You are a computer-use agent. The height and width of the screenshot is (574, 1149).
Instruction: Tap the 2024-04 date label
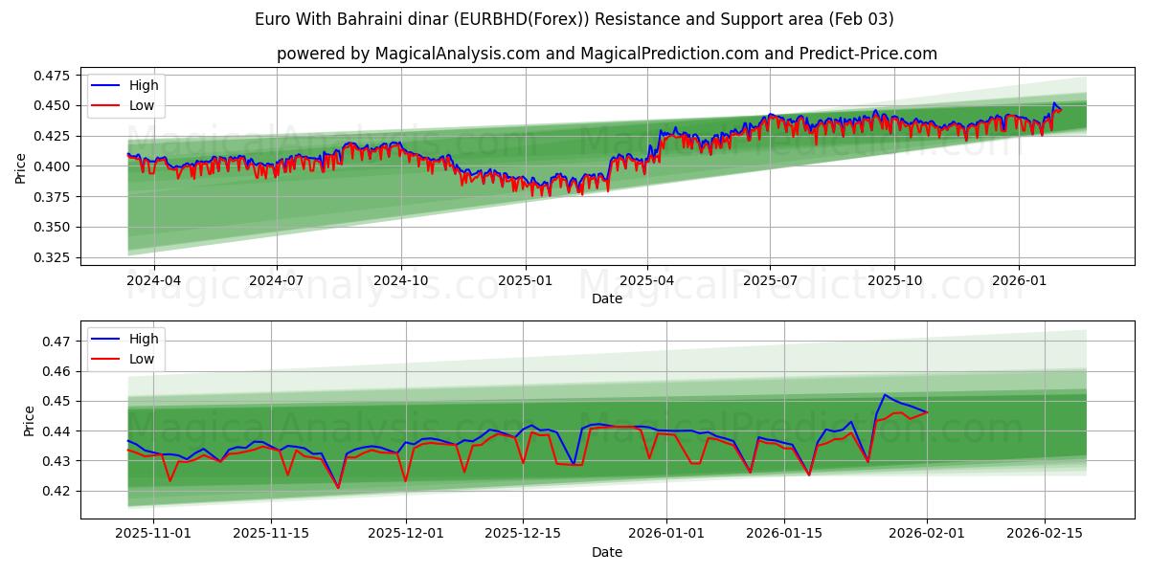tap(152, 281)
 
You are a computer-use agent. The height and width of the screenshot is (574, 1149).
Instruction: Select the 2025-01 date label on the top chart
tap(524, 281)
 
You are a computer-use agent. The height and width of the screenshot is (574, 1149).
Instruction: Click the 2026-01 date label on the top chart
tap(1018, 281)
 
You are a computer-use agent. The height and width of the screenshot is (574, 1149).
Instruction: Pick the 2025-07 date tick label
tap(771, 281)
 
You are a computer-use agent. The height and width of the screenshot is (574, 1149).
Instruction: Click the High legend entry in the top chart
tap(144, 86)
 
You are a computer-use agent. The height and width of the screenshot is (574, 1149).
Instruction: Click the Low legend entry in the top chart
tap(142, 106)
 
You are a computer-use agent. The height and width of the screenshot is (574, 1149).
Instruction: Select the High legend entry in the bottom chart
tap(144, 339)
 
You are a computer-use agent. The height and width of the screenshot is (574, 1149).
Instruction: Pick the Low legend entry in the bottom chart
tap(142, 359)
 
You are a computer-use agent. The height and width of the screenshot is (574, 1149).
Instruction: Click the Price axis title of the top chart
tap(21, 166)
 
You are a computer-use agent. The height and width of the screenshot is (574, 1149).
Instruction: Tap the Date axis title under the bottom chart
tap(607, 552)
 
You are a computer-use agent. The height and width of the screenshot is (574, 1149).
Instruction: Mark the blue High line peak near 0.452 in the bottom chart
tap(885, 394)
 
